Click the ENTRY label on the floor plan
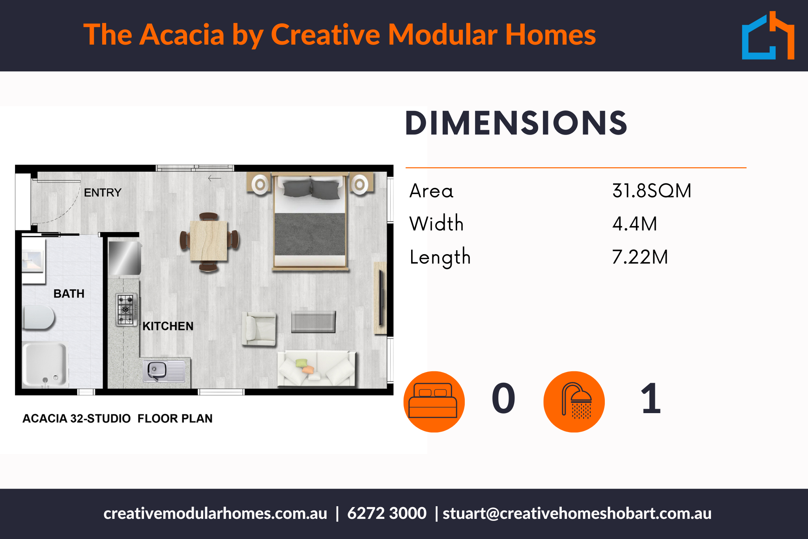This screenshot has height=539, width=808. tap(103, 193)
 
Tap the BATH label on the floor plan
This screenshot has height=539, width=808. tap(69, 294)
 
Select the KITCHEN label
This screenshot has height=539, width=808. tap(168, 326)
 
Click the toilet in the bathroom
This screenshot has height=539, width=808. tap(39, 317)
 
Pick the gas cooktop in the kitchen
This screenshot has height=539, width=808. tap(126, 310)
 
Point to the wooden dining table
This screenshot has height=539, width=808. tap(209, 241)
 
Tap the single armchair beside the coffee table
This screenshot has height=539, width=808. tap(259, 329)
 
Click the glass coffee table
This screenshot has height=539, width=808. tap(313, 322)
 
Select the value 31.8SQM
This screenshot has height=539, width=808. tap(651, 191)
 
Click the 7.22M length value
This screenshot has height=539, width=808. tap(640, 257)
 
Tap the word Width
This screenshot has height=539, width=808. tap(436, 224)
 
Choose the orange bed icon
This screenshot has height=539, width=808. tap(434, 401)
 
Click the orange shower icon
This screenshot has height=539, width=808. tap(574, 401)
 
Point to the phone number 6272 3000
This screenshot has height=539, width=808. tap(387, 513)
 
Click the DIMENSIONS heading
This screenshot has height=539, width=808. tap(516, 124)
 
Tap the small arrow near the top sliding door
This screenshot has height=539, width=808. tap(215, 178)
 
